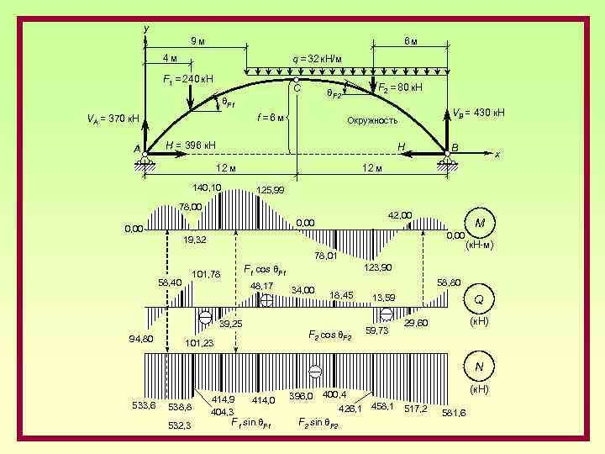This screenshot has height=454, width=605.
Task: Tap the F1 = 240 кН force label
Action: [187, 79]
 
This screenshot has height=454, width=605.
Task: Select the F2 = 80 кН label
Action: [400, 87]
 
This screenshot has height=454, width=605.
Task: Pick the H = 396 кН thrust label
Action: [191, 145]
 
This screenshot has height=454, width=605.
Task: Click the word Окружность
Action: [372, 120]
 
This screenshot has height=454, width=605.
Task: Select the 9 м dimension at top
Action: [195, 40]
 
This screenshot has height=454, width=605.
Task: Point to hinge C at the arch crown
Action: [297, 81]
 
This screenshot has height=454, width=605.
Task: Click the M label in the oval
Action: [479, 223]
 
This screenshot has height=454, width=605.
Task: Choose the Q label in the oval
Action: [479, 299]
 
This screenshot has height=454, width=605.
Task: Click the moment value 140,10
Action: [207, 187]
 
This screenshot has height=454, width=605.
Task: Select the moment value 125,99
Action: [270, 191]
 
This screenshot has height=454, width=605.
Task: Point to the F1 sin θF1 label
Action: [250, 421]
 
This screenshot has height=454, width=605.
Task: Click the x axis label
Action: [497, 155]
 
